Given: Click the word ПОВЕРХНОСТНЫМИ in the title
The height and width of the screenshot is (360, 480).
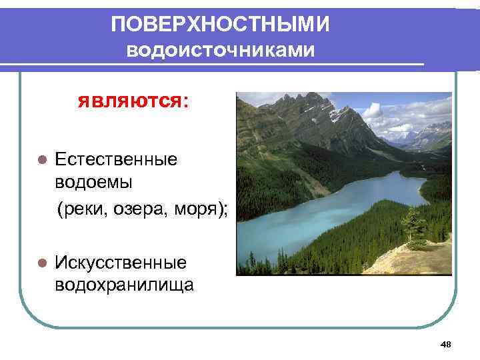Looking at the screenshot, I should click(x=220, y=25).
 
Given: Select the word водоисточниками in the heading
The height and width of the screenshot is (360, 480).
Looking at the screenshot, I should click(x=220, y=51).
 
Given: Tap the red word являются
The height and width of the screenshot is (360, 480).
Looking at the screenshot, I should click(x=129, y=102).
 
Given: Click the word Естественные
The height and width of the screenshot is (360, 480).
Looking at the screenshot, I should click(x=116, y=159).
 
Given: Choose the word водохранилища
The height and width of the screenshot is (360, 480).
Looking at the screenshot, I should click(x=125, y=285).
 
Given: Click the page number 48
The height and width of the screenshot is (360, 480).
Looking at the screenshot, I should click(x=446, y=344).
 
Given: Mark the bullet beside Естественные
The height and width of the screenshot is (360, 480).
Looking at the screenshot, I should click(x=41, y=160).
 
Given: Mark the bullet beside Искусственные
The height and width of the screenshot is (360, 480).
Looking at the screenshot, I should click(x=41, y=264).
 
